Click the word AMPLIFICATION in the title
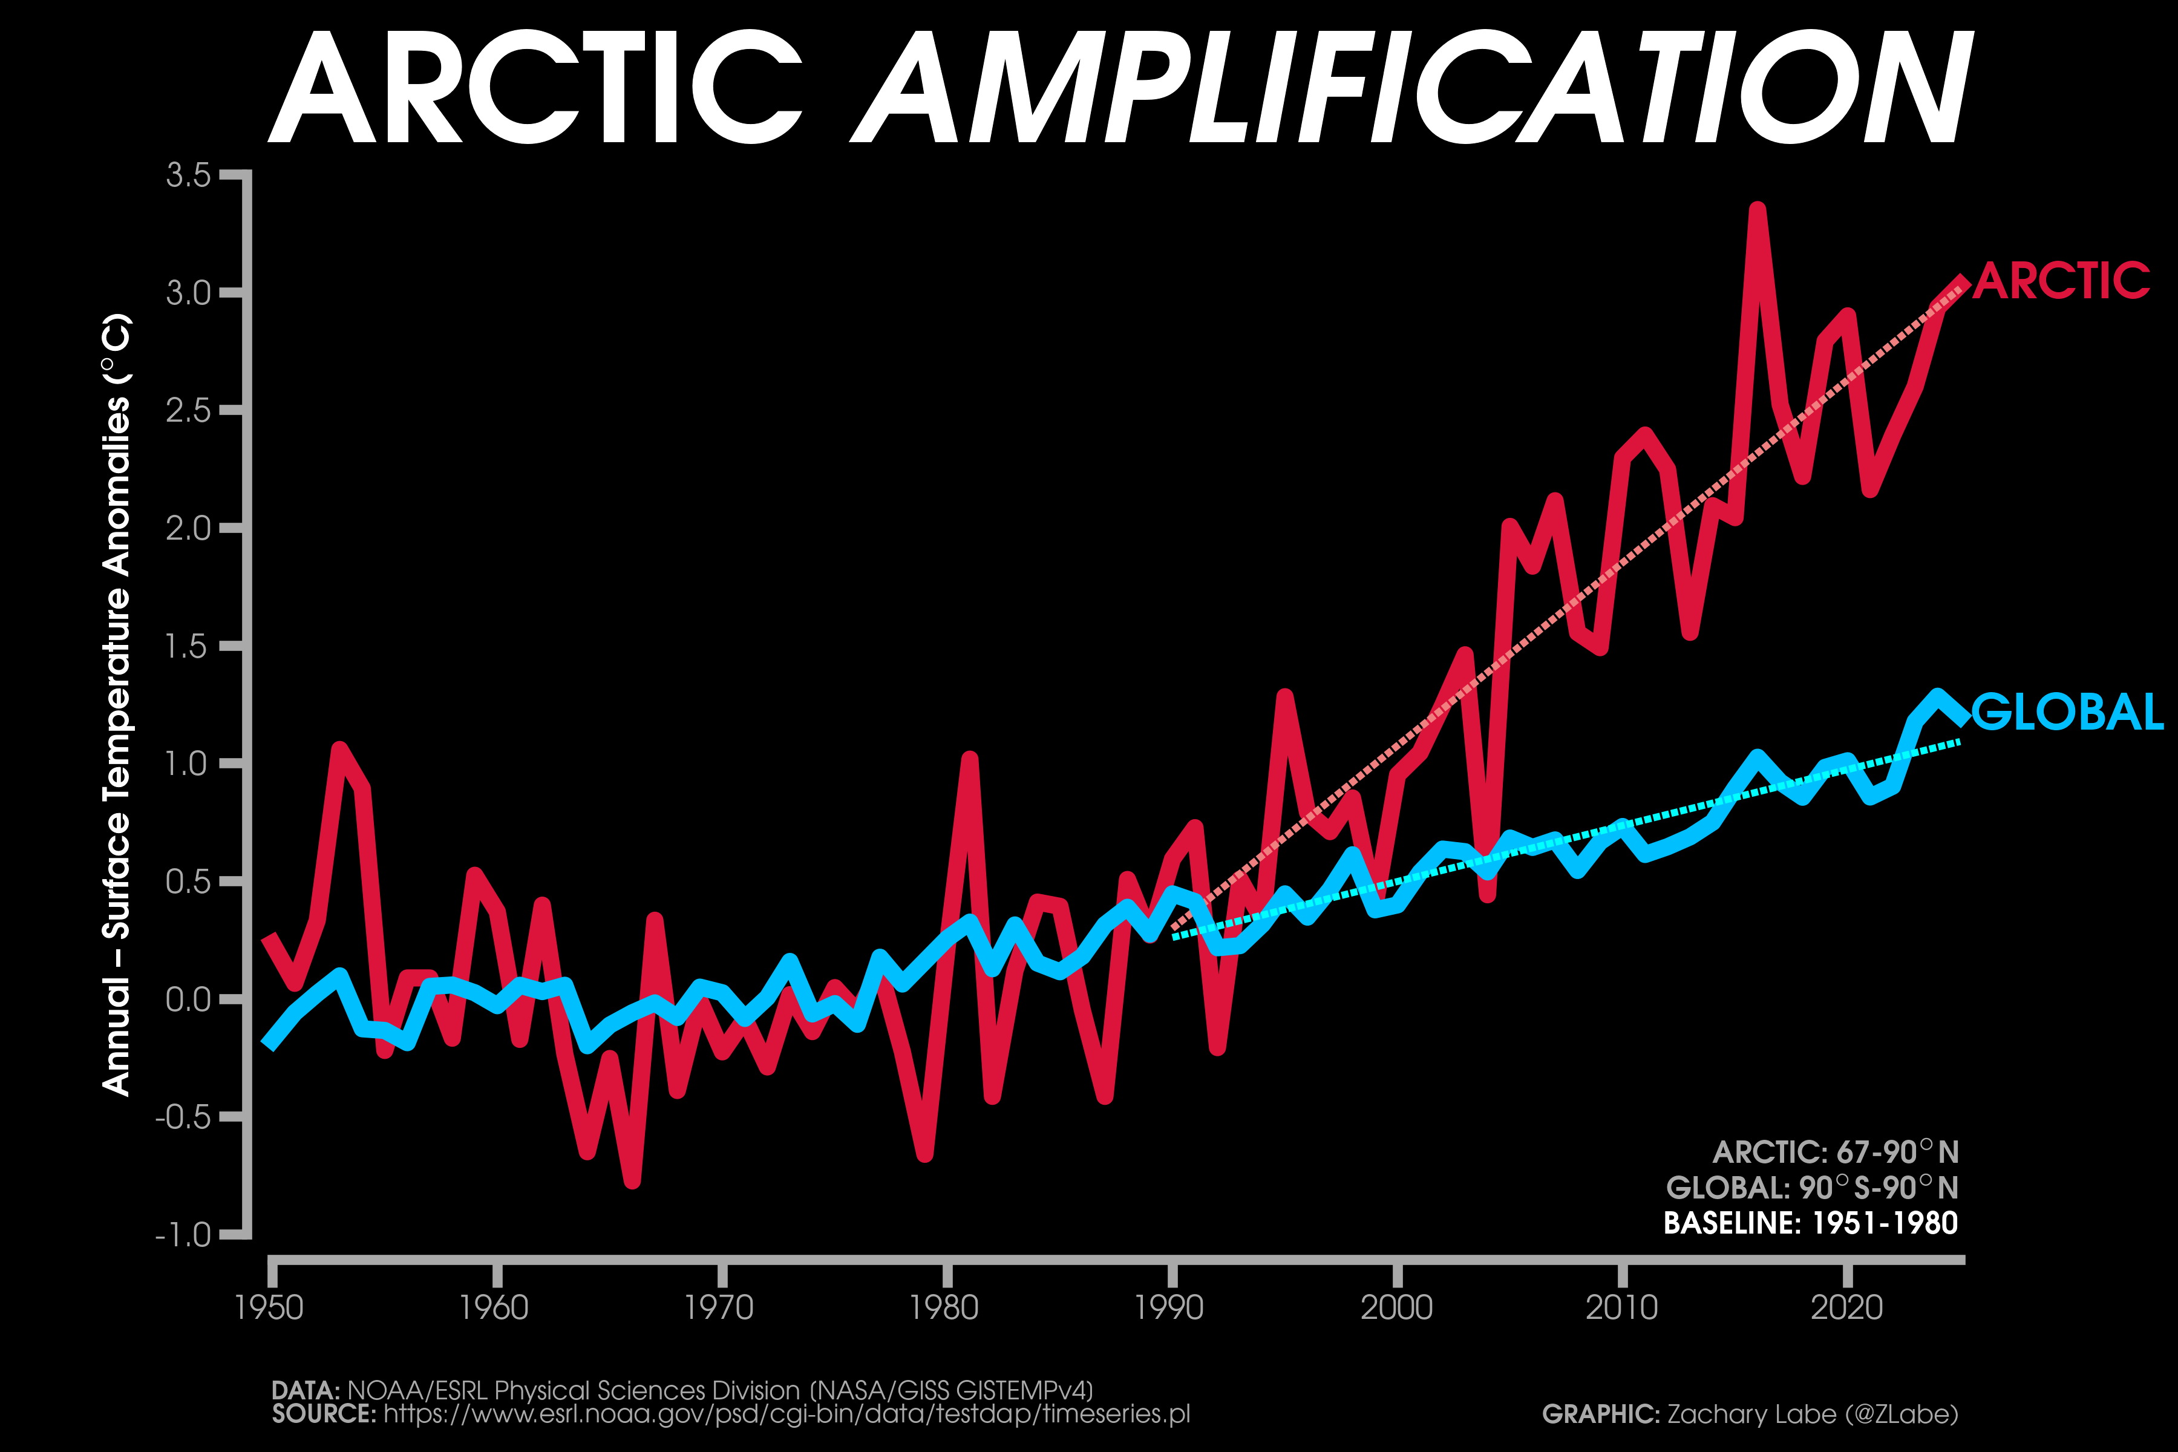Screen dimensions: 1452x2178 coord(1412,88)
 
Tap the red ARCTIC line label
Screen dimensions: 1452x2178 coord(2061,281)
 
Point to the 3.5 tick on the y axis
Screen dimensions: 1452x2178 coord(189,175)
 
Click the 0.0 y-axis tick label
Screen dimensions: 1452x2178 coord(189,1000)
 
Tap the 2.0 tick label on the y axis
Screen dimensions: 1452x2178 coord(189,529)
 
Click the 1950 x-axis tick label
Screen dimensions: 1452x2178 coord(269,1307)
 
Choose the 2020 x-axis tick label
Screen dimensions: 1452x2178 coord(1846,1307)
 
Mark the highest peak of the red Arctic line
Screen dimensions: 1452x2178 coord(1757,209)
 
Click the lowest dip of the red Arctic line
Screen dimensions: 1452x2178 coord(632,1182)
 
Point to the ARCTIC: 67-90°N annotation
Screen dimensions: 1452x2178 coord(1836,1152)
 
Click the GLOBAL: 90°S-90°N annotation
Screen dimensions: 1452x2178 coord(1812,1187)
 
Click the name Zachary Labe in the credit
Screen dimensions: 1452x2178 coord(1751,1414)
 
